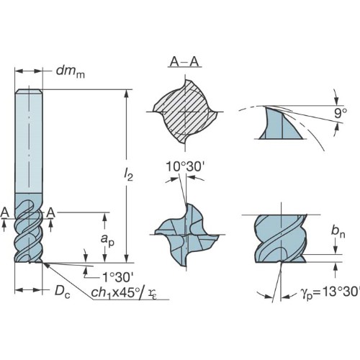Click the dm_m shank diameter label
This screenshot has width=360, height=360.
pos(71,72)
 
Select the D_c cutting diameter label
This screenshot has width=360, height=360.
pos(63,292)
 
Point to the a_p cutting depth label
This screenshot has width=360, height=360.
pos(107,240)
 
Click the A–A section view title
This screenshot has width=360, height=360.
pos(184,62)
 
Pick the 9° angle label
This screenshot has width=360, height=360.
pos(341,113)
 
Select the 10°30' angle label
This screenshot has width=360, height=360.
pos(185,166)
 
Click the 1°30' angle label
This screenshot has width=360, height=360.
pos(117,278)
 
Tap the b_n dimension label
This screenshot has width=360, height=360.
pos(338,231)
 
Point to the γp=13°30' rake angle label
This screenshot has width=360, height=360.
pos(330,292)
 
